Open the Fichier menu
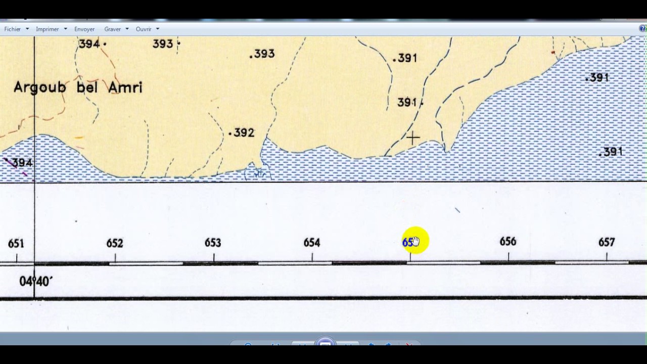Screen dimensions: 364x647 (13, 29)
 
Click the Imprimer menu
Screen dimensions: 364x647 (48, 29)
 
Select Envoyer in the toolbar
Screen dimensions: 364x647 (84, 29)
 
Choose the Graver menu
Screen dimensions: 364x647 (112, 29)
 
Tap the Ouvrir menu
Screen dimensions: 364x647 (144, 29)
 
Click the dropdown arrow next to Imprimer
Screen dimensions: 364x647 (65, 29)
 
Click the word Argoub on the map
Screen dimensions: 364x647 (40, 87)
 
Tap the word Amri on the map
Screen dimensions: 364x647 (125, 87)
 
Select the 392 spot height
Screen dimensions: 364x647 (244, 133)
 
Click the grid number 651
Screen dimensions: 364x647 (16, 244)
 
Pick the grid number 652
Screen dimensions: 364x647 (115, 243)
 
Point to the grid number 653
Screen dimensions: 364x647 (213, 243)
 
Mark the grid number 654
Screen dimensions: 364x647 (312, 243)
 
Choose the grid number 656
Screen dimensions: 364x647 (508, 242)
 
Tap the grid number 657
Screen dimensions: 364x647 (607, 243)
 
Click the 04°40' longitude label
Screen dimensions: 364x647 (35, 281)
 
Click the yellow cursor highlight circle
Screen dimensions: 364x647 (415, 241)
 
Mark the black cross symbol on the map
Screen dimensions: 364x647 (412, 138)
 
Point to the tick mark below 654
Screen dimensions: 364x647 (312, 258)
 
